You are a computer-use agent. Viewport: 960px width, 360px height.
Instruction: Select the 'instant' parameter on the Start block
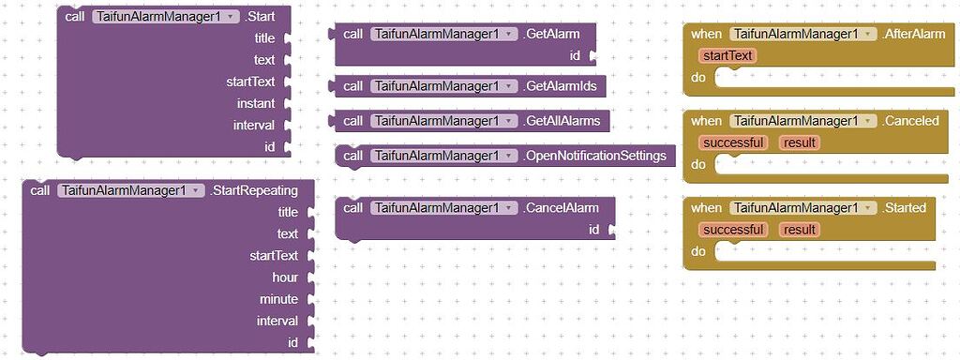tap(256, 103)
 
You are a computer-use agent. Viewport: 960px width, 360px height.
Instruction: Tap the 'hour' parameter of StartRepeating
tap(285, 277)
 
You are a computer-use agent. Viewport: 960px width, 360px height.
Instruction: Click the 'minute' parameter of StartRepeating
tap(278, 299)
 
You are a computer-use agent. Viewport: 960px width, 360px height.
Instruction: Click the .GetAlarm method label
tap(552, 34)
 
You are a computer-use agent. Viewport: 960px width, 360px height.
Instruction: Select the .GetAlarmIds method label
tap(562, 86)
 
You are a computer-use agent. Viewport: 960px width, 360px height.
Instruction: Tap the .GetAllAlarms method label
tap(563, 121)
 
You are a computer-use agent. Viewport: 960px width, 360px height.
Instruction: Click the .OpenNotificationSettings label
tap(596, 155)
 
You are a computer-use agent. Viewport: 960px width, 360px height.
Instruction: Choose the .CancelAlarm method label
tap(562, 207)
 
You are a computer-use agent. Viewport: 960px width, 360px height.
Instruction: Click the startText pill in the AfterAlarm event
tap(727, 55)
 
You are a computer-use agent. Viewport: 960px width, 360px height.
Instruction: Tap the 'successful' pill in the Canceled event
tap(733, 142)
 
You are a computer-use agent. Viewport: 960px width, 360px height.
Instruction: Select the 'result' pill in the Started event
tap(800, 230)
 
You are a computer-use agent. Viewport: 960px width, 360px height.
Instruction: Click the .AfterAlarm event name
tap(914, 34)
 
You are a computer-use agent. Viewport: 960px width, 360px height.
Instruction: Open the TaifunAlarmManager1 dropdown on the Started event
tap(867, 208)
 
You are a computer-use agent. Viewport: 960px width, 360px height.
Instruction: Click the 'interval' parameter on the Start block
tap(254, 125)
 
